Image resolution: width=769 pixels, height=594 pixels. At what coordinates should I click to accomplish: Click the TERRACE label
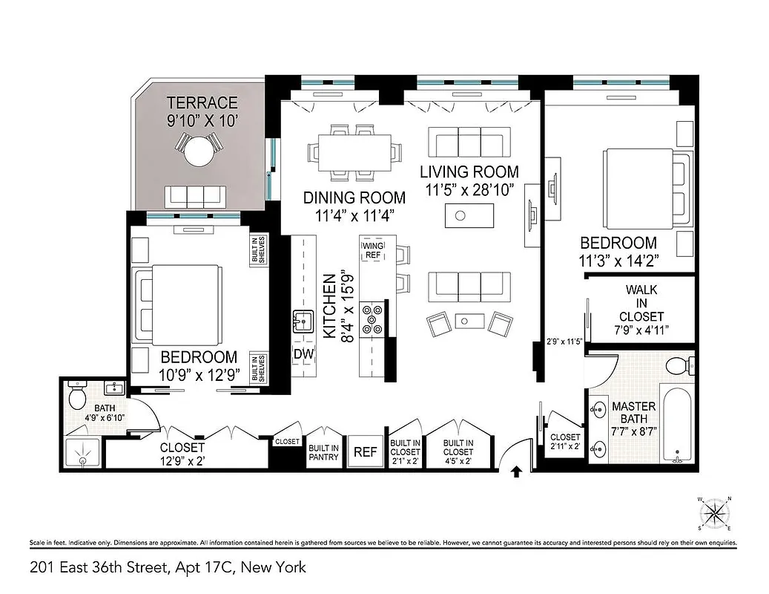pos(202,102)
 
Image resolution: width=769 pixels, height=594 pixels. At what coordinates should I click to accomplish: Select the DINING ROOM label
pos(354,198)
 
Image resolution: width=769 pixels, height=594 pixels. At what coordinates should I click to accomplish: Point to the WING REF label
pos(372,249)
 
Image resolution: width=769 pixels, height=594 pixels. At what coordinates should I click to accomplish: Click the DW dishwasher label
pos(303,353)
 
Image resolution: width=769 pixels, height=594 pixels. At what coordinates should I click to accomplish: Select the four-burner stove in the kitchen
pos(372,319)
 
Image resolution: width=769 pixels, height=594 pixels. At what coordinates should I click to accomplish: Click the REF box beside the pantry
pos(364,451)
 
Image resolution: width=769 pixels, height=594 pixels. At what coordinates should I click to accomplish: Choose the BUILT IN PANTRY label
pos(324,452)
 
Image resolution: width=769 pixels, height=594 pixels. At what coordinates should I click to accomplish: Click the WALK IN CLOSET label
pos(641,302)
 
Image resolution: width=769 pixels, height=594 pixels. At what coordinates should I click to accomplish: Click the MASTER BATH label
pos(633,413)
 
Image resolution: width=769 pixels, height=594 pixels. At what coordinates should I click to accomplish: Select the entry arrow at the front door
pos(517,470)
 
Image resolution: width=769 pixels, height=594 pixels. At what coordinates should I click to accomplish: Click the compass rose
pos(715,513)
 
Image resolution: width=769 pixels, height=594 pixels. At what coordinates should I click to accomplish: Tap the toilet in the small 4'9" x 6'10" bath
pos(78,398)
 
